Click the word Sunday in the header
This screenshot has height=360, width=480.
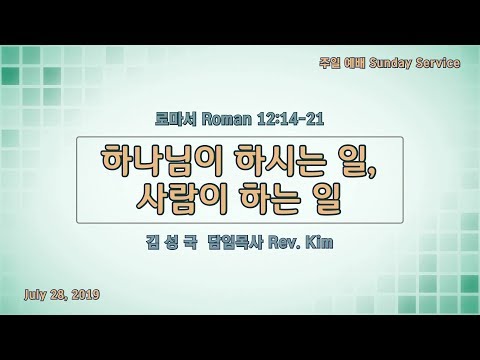(390, 63)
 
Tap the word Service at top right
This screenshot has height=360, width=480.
(438, 63)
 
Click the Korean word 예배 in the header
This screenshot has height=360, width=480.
(354, 63)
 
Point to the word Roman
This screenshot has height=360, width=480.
(226, 119)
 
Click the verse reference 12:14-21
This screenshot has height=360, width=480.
(290, 119)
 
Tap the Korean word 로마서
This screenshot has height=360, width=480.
(176, 119)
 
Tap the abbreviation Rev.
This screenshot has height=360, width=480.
(283, 243)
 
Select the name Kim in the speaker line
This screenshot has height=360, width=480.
(319, 242)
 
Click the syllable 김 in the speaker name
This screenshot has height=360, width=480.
(152, 242)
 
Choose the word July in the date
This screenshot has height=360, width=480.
(35, 294)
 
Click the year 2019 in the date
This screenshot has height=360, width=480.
(86, 294)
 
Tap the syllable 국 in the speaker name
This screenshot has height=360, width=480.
(190, 242)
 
